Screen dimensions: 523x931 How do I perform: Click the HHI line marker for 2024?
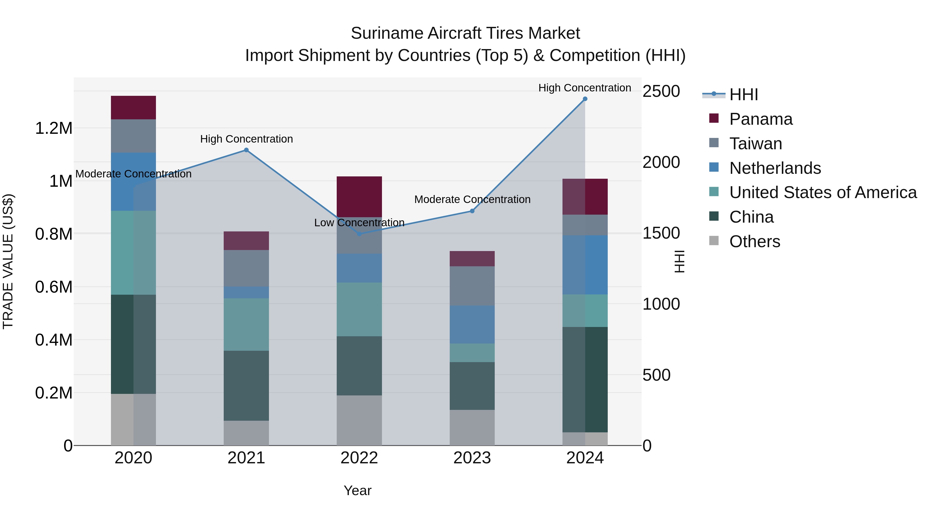tap(585, 99)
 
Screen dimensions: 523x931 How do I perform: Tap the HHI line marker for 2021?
tap(246, 150)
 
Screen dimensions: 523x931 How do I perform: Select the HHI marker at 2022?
tap(359, 234)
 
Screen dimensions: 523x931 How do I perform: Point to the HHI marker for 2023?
tap(472, 211)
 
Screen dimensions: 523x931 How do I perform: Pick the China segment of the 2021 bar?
tap(246, 386)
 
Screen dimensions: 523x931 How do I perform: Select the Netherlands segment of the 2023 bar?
tap(472, 324)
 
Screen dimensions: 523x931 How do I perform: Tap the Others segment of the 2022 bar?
tap(359, 420)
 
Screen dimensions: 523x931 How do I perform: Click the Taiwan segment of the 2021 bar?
tap(246, 268)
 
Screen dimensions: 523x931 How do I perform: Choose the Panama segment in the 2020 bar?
tap(133, 107)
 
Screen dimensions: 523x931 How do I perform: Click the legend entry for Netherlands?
tap(775, 168)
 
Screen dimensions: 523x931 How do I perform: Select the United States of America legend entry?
tap(823, 192)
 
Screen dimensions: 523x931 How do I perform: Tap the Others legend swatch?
tap(714, 240)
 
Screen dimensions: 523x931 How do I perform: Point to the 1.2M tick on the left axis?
tap(54, 129)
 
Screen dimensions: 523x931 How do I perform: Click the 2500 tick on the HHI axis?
tap(661, 91)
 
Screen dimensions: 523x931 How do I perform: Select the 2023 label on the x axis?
tap(472, 458)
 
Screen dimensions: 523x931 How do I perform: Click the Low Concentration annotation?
tap(359, 223)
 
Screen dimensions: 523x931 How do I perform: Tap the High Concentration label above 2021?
tap(246, 139)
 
